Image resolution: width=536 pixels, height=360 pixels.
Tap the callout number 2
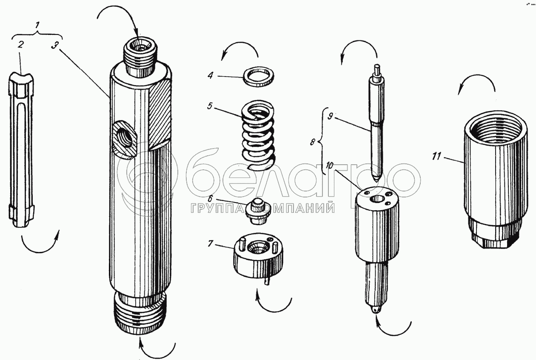pyautogui.click(x=21, y=45)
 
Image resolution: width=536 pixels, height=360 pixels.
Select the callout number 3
pyautogui.click(x=55, y=45)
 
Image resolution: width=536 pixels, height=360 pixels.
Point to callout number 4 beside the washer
pyautogui.click(x=210, y=75)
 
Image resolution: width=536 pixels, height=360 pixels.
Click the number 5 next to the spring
pyautogui.click(x=210, y=106)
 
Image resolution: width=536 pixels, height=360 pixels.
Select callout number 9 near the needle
pyautogui.click(x=330, y=116)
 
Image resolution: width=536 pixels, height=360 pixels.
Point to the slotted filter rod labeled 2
pyautogui.click(x=21, y=150)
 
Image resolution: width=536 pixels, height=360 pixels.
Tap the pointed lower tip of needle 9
pyautogui.click(x=376, y=180)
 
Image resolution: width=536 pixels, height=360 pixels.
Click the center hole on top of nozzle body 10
pyautogui.click(x=377, y=199)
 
